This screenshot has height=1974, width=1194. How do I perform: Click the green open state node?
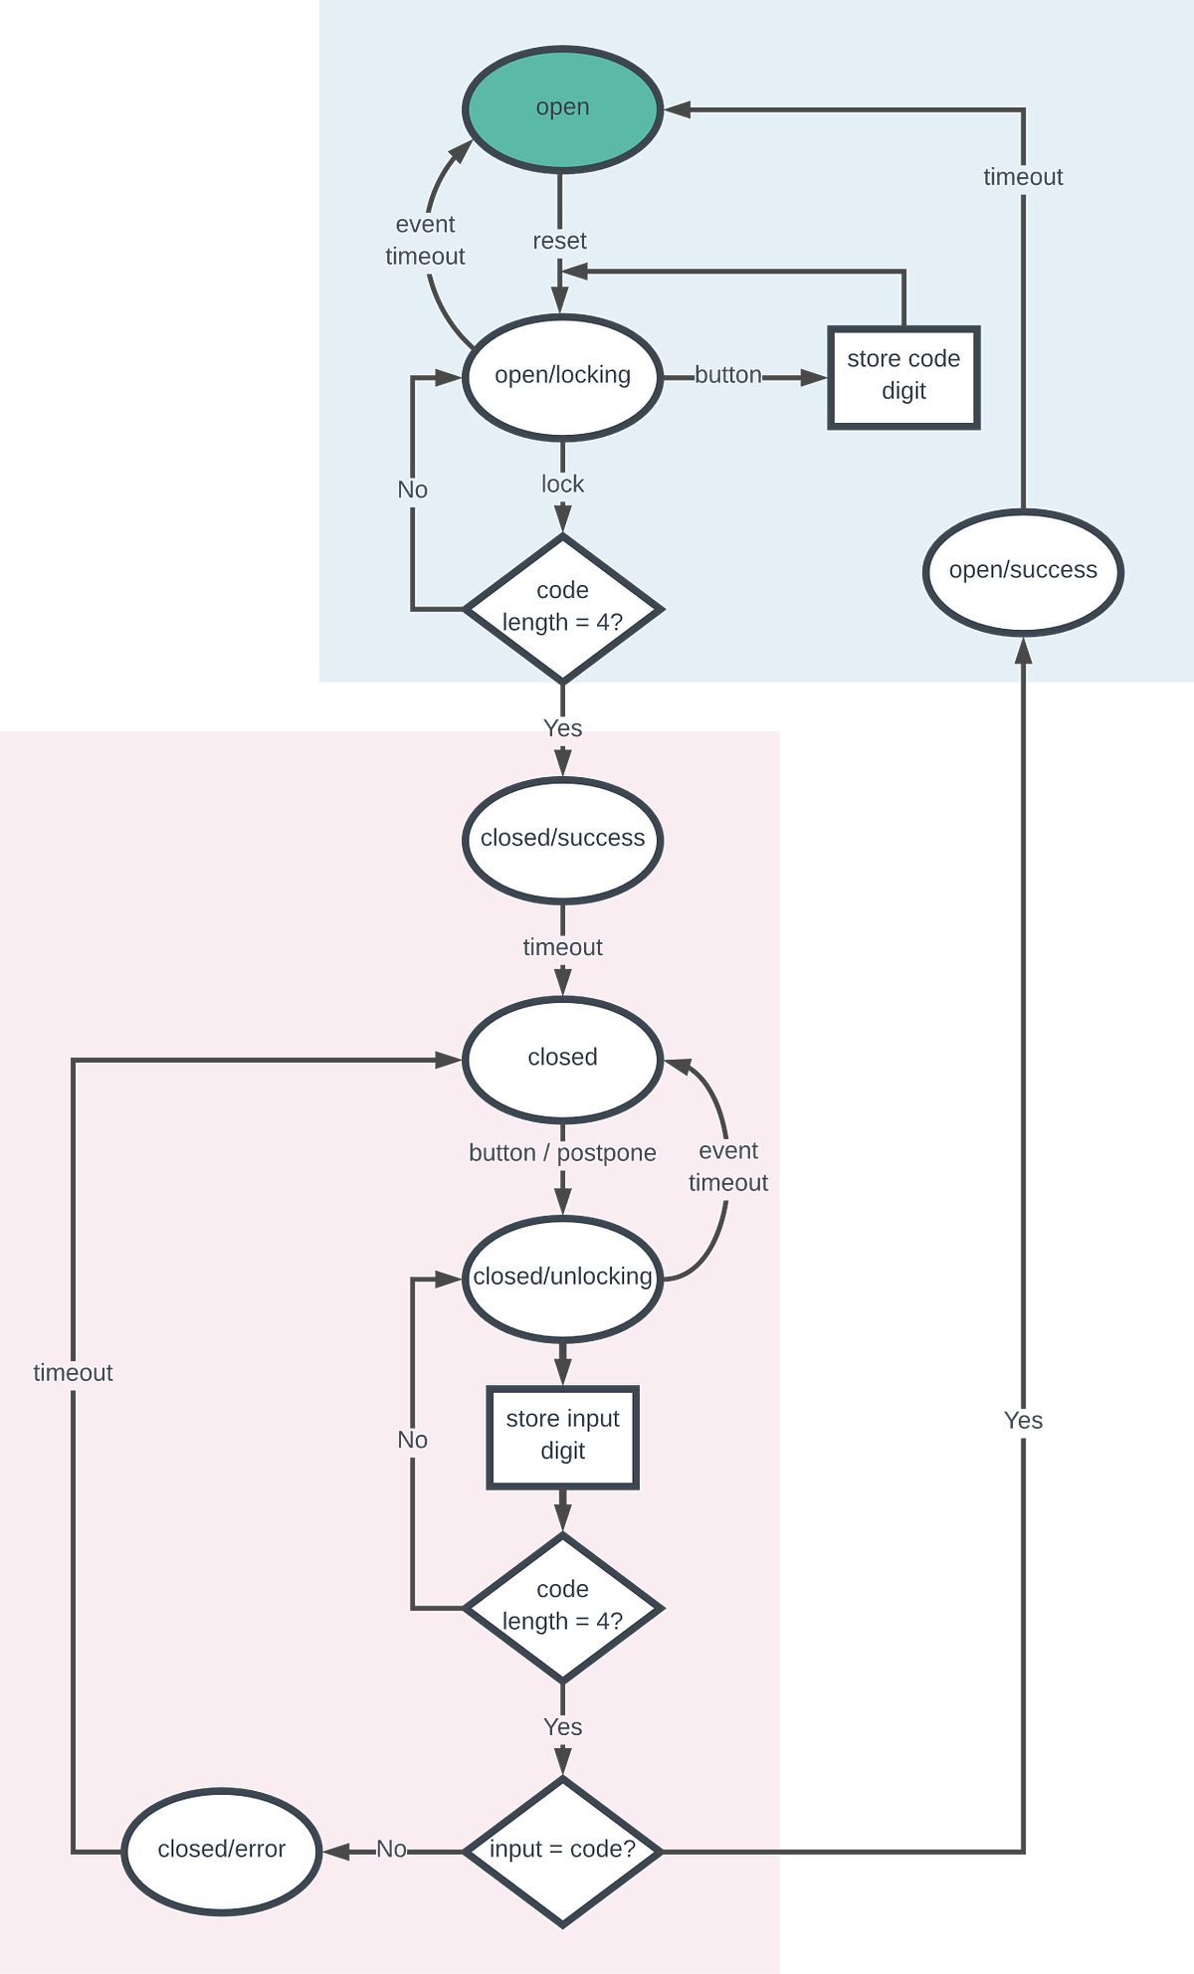click(x=562, y=108)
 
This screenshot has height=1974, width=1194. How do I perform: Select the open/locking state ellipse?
click(x=562, y=376)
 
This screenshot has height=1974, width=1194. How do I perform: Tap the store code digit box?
click(x=903, y=377)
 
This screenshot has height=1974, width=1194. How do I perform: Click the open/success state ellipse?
click(x=1023, y=571)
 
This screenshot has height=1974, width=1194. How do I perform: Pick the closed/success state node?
click(x=562, y=840)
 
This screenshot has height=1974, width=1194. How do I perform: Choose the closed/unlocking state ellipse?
click(x=562, y=1278)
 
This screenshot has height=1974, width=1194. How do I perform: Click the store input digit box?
click(x=562, y=1437)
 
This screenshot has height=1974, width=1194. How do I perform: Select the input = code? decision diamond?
click(x=562, y=1851)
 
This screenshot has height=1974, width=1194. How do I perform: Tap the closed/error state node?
click(x=222, y=1851)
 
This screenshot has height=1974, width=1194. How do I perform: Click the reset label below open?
click(x=559, y=241)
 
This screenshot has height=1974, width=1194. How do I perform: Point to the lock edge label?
click(x=562, y=485)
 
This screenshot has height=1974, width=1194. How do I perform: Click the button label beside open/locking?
click(x=728, y=375)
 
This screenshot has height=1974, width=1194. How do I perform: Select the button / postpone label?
click(x=562, y=1153)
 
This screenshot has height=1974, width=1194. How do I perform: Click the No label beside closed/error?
click(x=391, y=1850)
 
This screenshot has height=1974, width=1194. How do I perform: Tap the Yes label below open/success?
click(x=1023, y=1421)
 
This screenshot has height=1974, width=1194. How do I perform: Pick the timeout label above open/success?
click(x=1023, y=177)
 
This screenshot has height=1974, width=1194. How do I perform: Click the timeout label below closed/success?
click(x=562, y=947)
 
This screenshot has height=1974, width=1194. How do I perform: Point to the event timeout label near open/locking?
click(x=425, y=241)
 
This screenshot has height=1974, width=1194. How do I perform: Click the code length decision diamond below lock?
click(x=562, y=608)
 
